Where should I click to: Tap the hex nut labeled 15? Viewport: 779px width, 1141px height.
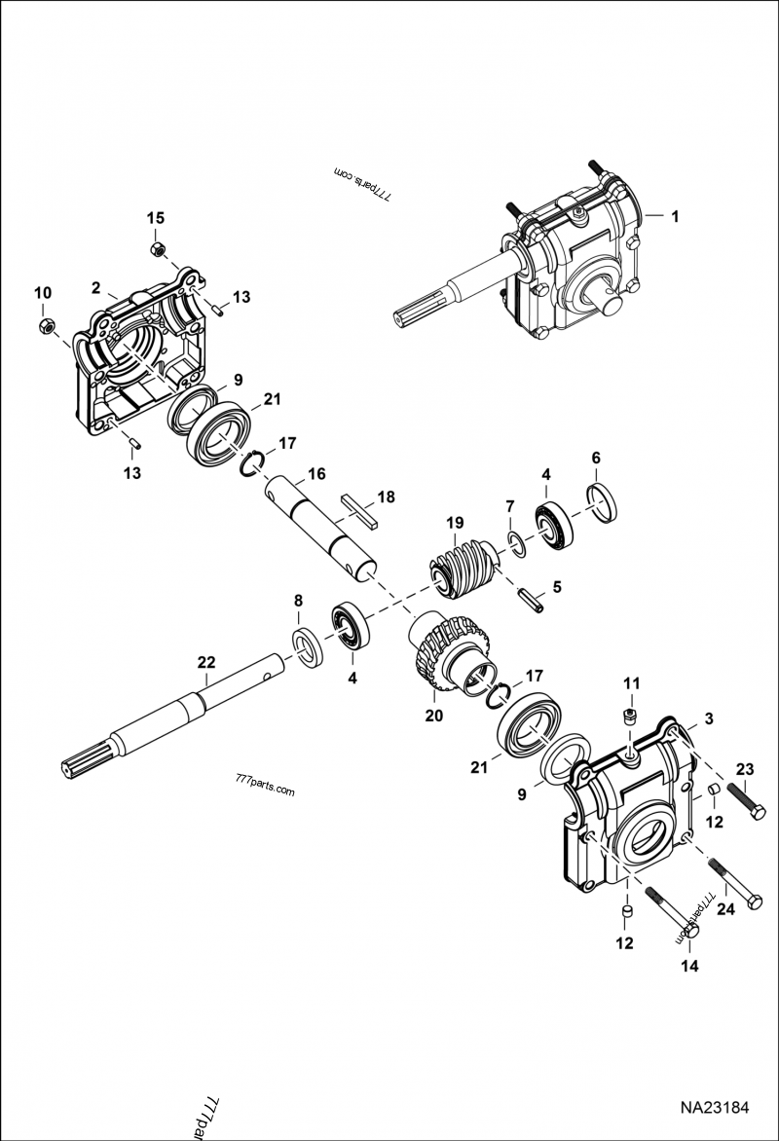tap(156, 250)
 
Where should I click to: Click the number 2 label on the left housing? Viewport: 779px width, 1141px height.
tap(96, 287)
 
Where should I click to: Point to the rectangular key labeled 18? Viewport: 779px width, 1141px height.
tap(358, 511)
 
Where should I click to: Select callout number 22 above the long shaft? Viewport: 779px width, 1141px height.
tap(205, 662)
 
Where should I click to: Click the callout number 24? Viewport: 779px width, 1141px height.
tap(724, 910)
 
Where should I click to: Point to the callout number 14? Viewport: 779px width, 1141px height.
tap(689, 967)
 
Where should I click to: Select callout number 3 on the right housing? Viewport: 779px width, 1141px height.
tap(709, 718)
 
